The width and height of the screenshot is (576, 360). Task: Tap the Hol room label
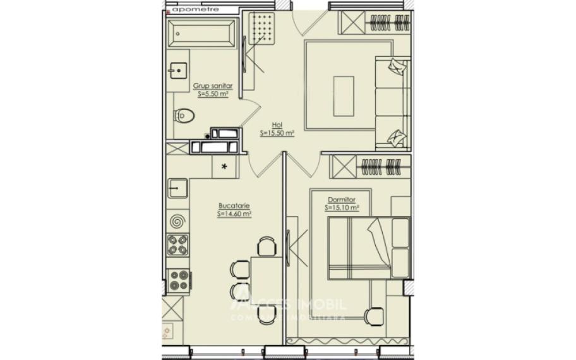(277, 125)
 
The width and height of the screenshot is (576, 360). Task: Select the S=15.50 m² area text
(277, 133)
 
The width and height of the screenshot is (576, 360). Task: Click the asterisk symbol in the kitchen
(224, 167)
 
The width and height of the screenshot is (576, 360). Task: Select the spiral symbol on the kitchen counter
(177, 221)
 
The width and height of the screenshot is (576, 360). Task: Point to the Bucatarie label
(234, 206)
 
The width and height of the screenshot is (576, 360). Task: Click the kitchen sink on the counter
(177, 187)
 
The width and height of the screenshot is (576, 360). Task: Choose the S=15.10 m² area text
(342, 207)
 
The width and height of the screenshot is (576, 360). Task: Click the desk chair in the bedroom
(375, 315)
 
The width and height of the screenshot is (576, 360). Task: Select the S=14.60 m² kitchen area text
(234, 214)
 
